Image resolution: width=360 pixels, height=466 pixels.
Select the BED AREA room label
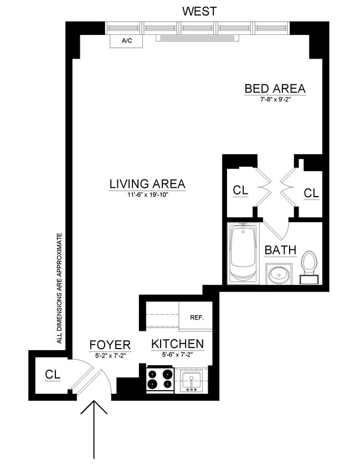(275, 89)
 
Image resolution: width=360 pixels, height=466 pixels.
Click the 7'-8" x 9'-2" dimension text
(275, 100)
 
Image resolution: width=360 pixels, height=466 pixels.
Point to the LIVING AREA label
(147, 184)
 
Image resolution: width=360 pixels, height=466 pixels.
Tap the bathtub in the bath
(243, 254)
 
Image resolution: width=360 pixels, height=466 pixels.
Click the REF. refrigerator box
(197, 318)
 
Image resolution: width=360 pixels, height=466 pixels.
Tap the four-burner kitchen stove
(160, 380)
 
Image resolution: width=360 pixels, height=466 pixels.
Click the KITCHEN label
(177, 344)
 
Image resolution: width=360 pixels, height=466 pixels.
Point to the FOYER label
(110, 345)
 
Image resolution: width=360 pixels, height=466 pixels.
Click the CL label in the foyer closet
(52, 375)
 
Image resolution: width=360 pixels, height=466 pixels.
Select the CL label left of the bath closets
(240, 190)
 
